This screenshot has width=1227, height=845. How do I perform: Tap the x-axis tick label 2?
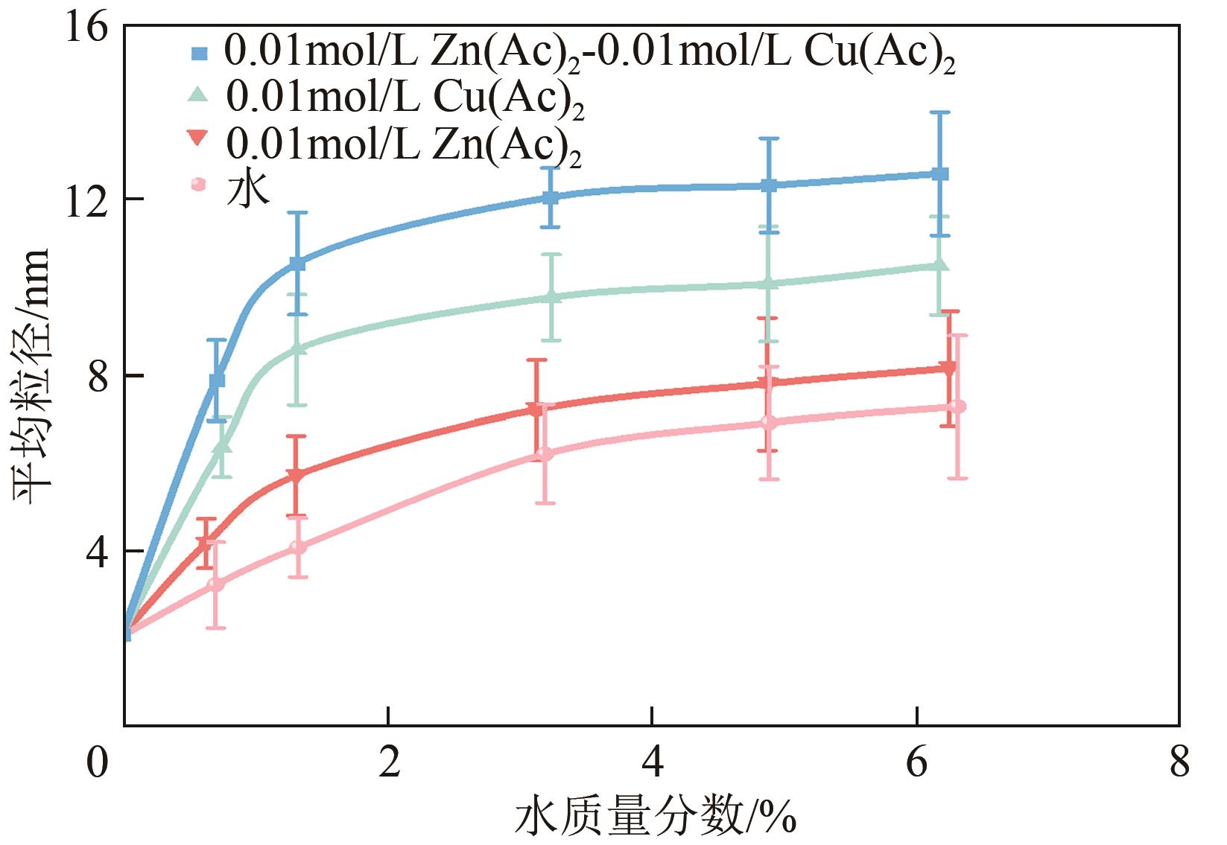(x=388, y=763)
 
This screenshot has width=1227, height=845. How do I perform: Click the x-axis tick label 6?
(x=916, y=763)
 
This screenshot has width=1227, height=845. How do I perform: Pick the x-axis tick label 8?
(x=1179, y=763)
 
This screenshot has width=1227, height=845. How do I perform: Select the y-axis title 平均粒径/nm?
(x=31, y=376)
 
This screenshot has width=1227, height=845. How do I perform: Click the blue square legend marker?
(x=198, y=53)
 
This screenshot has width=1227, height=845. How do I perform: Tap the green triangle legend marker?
(x=198, y=93)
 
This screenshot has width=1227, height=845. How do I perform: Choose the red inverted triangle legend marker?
(x=198, y=137)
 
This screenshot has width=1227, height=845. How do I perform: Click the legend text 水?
(x=247, y=187)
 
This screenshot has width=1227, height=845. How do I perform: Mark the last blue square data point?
(x=940, y=174)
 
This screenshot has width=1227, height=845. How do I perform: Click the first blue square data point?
(x=217, y=380)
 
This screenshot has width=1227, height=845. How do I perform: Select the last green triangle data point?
(x=940, y=265)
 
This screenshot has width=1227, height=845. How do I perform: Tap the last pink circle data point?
(x=958, y=406)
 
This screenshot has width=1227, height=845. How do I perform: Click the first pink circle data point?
(x=216, y=584)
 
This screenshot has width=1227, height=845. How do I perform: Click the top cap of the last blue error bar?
(x=940, y=112)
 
